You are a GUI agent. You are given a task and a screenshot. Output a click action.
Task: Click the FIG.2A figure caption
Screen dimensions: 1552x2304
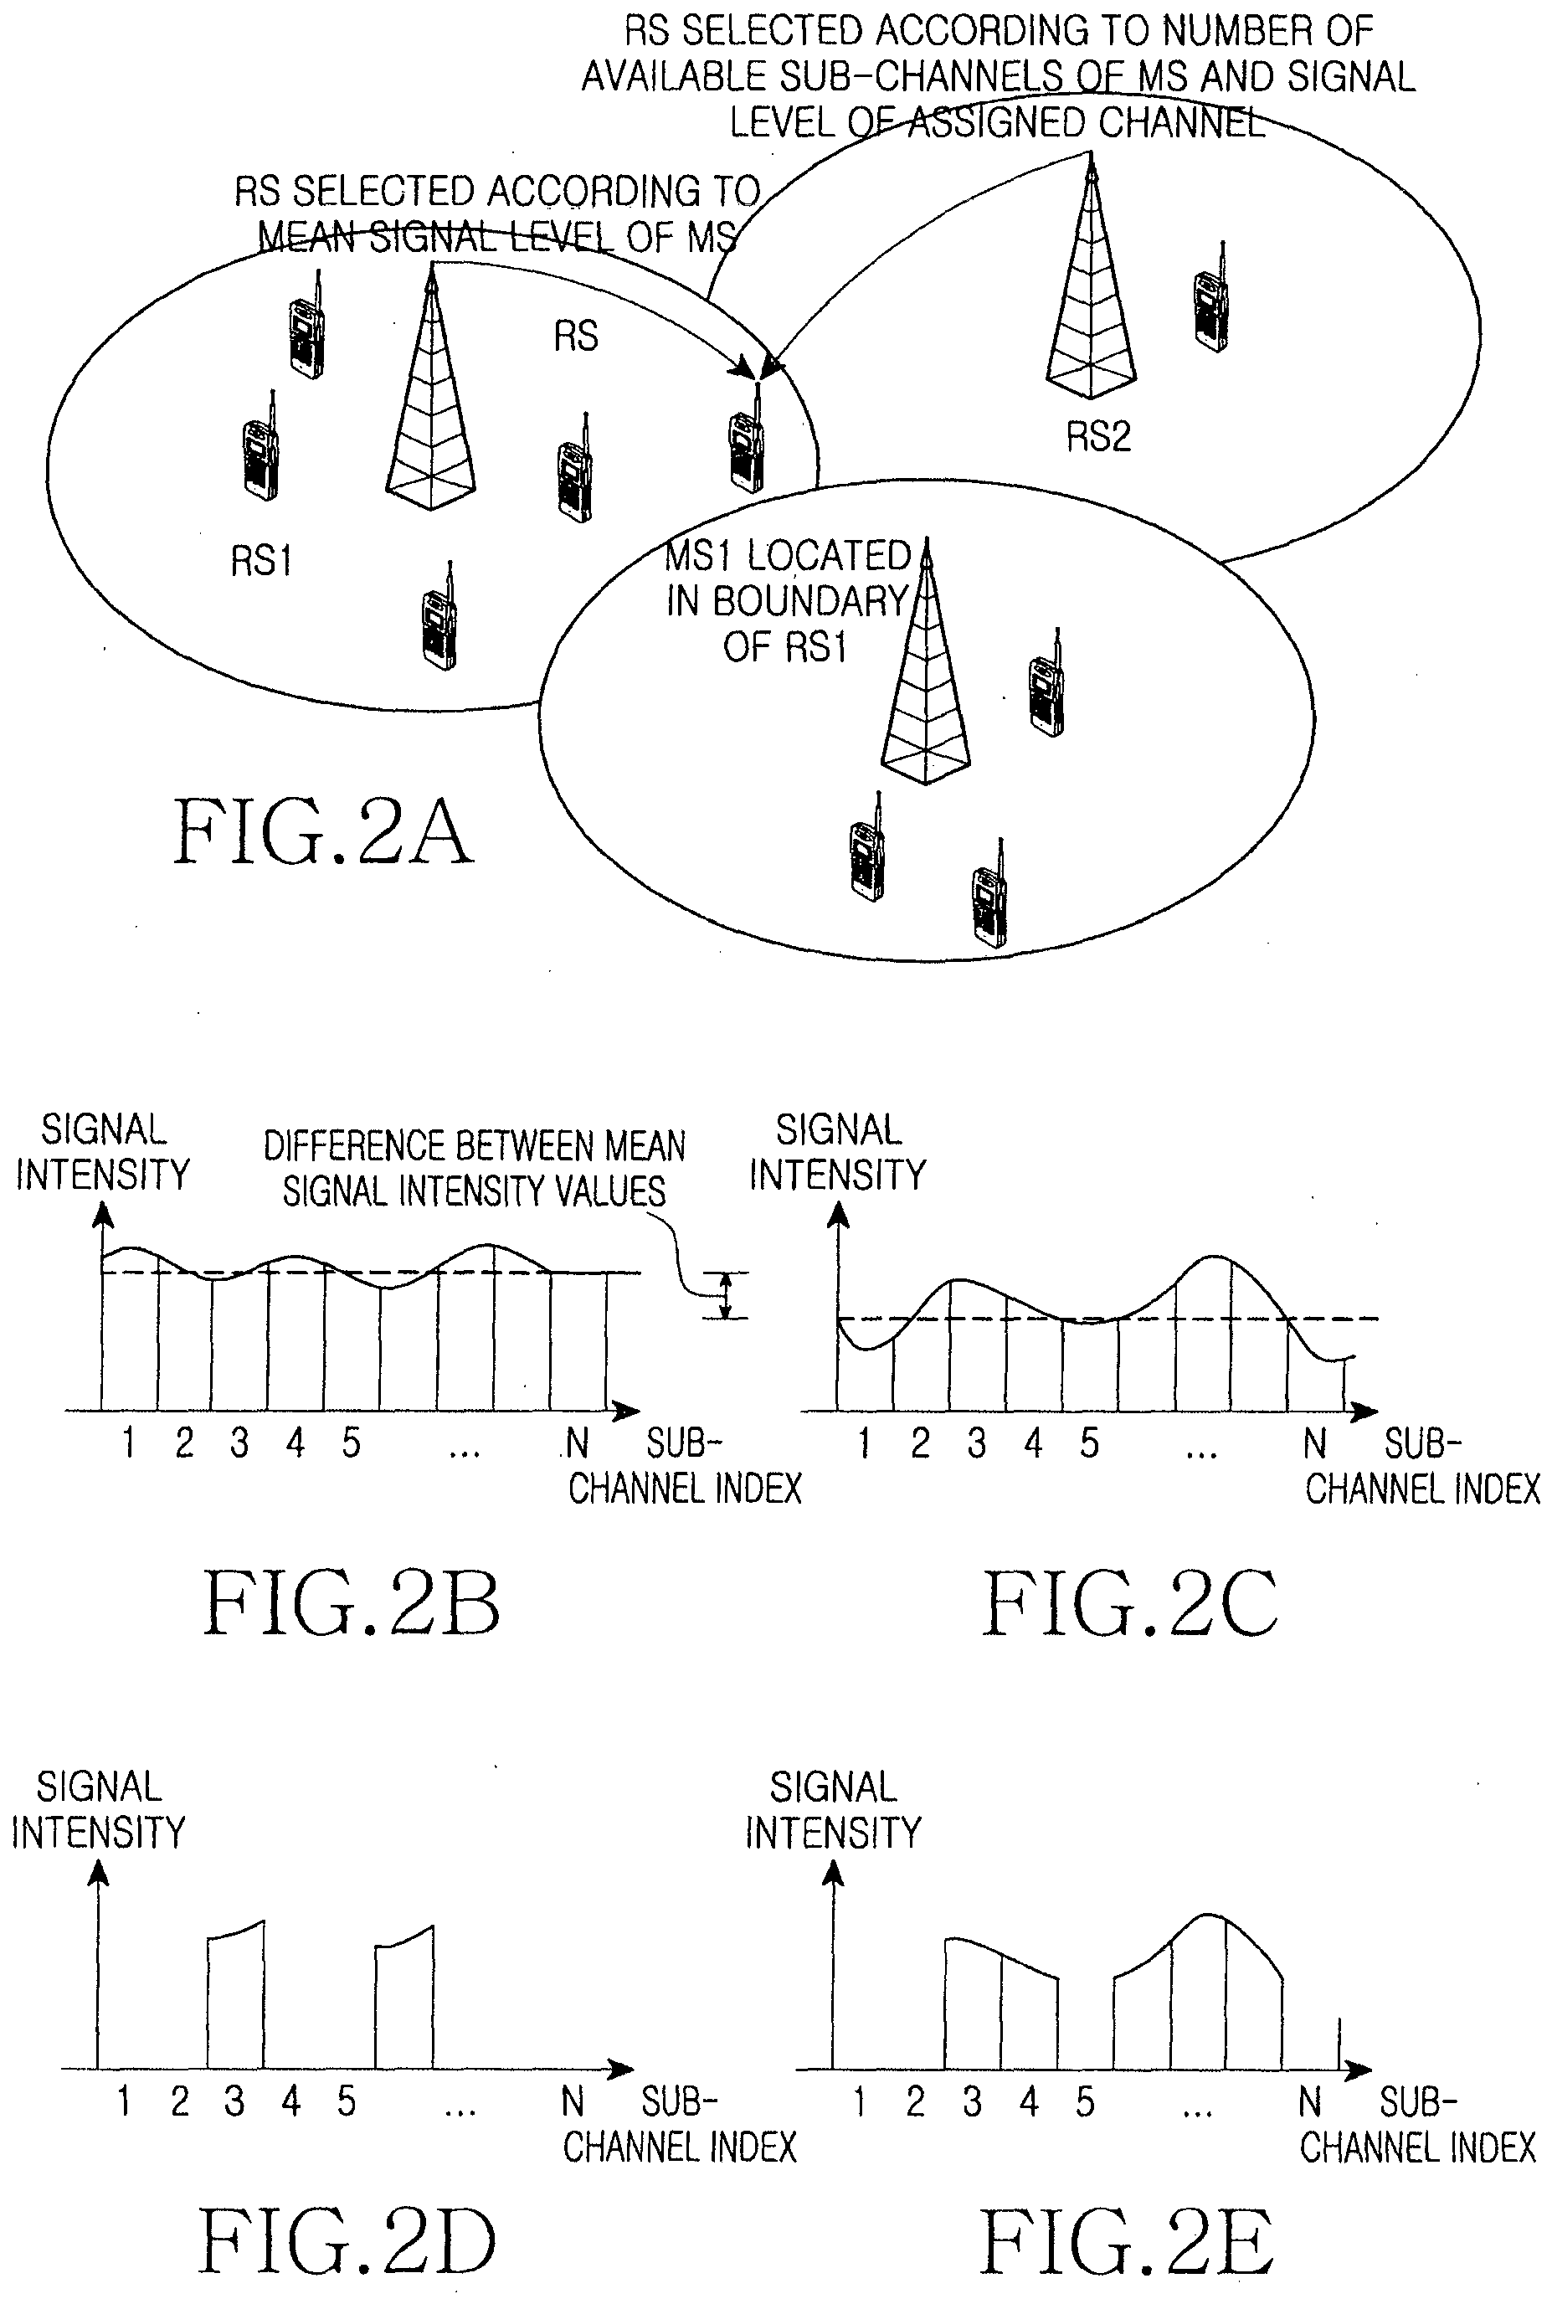pos(324,833)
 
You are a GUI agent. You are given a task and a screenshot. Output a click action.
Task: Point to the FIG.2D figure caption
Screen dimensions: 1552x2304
pos(347,2242)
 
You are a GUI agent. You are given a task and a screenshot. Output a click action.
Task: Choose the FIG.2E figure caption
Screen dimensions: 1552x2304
pos(1127,2242)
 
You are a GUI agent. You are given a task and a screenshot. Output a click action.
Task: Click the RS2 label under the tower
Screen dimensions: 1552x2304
pos(1097,436)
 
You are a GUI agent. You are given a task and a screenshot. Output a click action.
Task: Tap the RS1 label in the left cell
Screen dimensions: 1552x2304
pos(261,561)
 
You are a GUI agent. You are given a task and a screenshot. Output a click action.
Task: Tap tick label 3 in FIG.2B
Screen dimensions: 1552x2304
pos(239,1444)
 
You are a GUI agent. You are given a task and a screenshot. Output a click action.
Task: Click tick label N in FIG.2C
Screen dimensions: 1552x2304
pos(1314,1444)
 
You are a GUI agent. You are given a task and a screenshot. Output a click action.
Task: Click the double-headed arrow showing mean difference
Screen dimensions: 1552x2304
pos(726,1295)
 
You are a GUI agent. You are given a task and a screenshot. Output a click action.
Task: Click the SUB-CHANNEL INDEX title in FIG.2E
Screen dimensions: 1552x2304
pos(1417,2124)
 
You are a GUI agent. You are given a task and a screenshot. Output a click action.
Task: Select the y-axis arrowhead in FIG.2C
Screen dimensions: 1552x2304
pos(838,1213)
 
